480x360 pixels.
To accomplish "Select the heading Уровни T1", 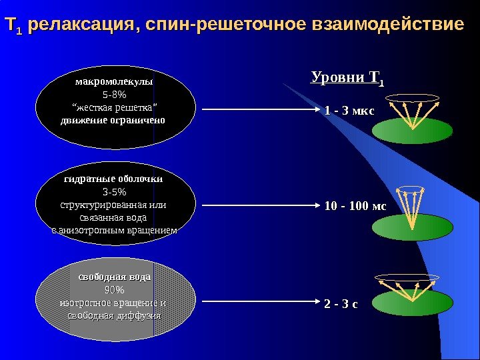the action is (348, 81).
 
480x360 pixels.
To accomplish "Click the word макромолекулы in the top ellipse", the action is (115, 81).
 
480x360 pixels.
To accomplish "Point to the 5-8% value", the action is (115, 94).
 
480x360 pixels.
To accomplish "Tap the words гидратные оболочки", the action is (113, 179).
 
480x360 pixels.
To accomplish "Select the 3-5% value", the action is (115, 192).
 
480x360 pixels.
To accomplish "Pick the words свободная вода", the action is (115, 276).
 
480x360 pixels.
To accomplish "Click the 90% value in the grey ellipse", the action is (115, 289).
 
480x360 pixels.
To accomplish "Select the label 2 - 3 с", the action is (341, 305).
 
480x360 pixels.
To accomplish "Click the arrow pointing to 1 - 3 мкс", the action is (260, 109).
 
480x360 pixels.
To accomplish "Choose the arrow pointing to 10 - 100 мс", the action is (260, 205).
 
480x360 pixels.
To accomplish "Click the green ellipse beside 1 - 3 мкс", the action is (403, 131).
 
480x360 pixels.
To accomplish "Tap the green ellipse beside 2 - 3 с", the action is (403, 303).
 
